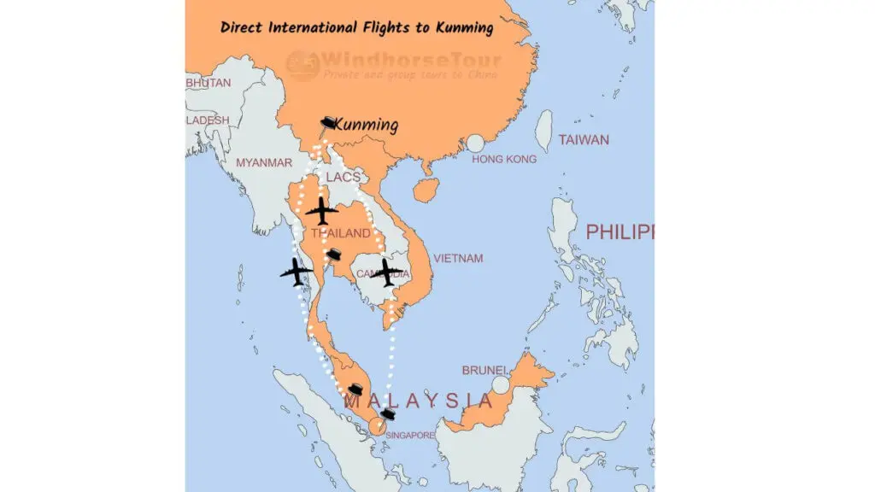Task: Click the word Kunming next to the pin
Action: point(367,126)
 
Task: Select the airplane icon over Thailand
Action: point(321,210)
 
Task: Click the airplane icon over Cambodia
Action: point(387,272)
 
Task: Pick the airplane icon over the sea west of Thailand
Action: point(297,272)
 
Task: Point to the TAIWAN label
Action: point(584,140)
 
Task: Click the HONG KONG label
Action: point(504,160)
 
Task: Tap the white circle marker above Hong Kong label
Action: point(475,143)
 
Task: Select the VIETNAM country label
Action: point(458,258)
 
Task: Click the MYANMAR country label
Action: point(264,162)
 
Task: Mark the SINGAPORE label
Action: point(410,435)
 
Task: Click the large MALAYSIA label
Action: point(418,401)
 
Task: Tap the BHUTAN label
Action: point(208,83)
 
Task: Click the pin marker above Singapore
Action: point(388,414)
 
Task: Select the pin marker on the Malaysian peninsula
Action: point(355,389)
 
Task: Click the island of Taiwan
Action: point(543,131)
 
